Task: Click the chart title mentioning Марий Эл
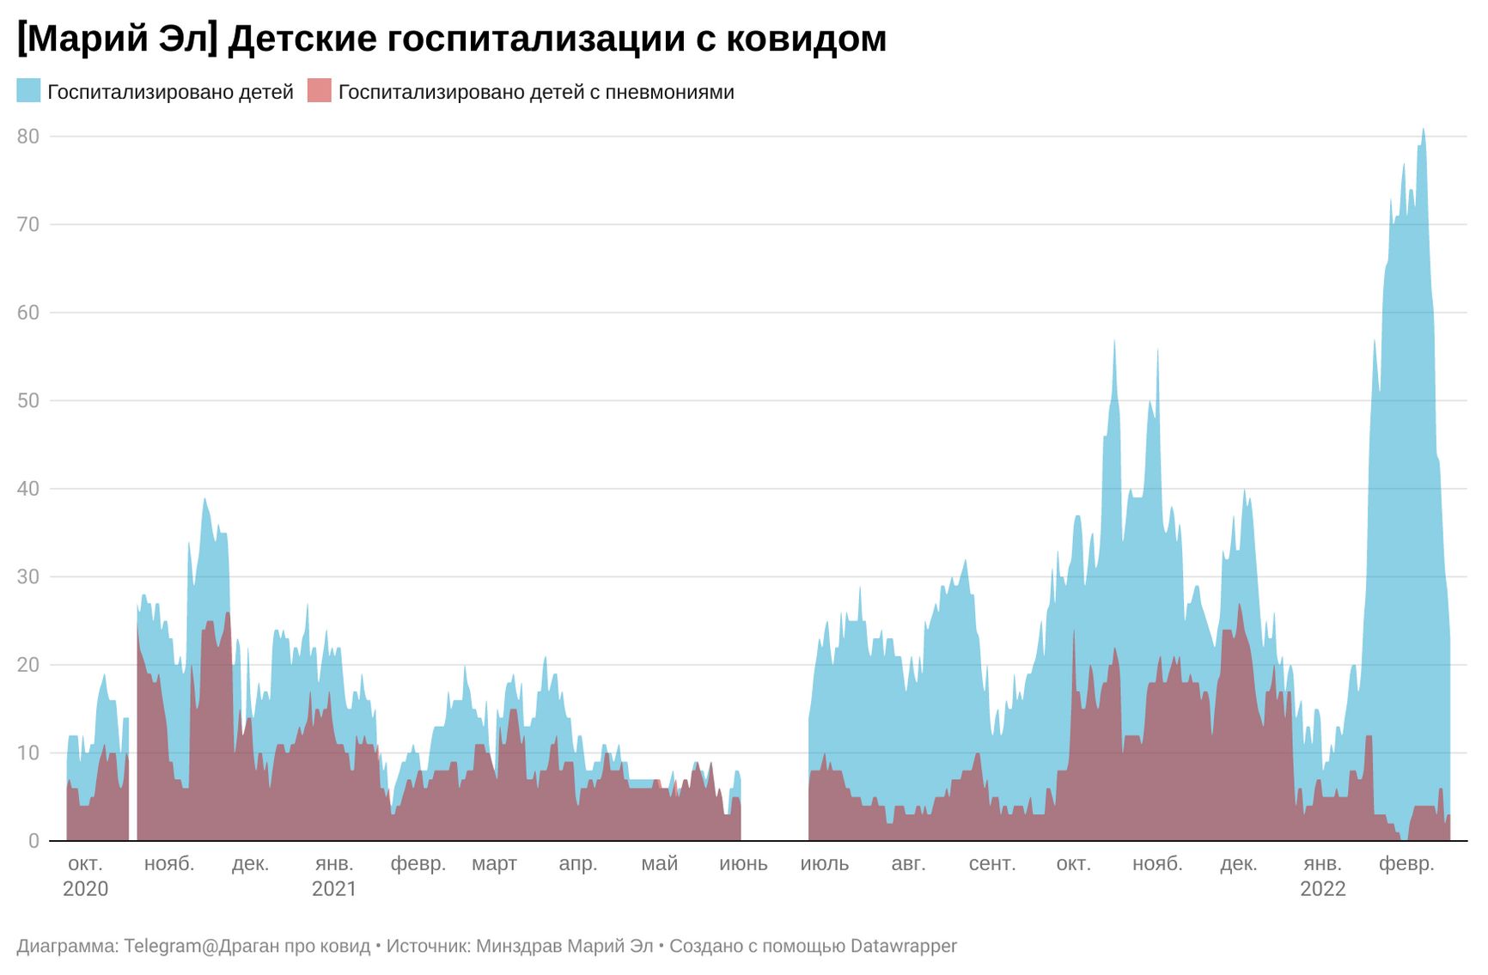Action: coord(451,40)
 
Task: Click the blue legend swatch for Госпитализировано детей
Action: coord(28,91)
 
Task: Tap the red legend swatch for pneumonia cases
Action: coord(319,91)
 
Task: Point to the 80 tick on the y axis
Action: coord(28,137)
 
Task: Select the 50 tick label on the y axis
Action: coord(28,400)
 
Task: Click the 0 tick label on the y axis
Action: coord(34,841)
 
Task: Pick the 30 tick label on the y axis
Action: coord(28,576)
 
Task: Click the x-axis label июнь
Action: coord(743,863)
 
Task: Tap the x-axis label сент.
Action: coord(992,863)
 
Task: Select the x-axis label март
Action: coord(494,863)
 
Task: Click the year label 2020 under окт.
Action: coord(86,889)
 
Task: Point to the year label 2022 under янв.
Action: coord(1322,889)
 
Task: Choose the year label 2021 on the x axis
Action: coord(334,889)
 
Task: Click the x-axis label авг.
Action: coord(908,863)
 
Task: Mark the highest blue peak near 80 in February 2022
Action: coord(1423,131)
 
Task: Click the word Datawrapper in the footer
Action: coord(903,946)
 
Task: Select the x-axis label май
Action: coord(660,863)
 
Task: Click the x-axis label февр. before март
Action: coord(418,863)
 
